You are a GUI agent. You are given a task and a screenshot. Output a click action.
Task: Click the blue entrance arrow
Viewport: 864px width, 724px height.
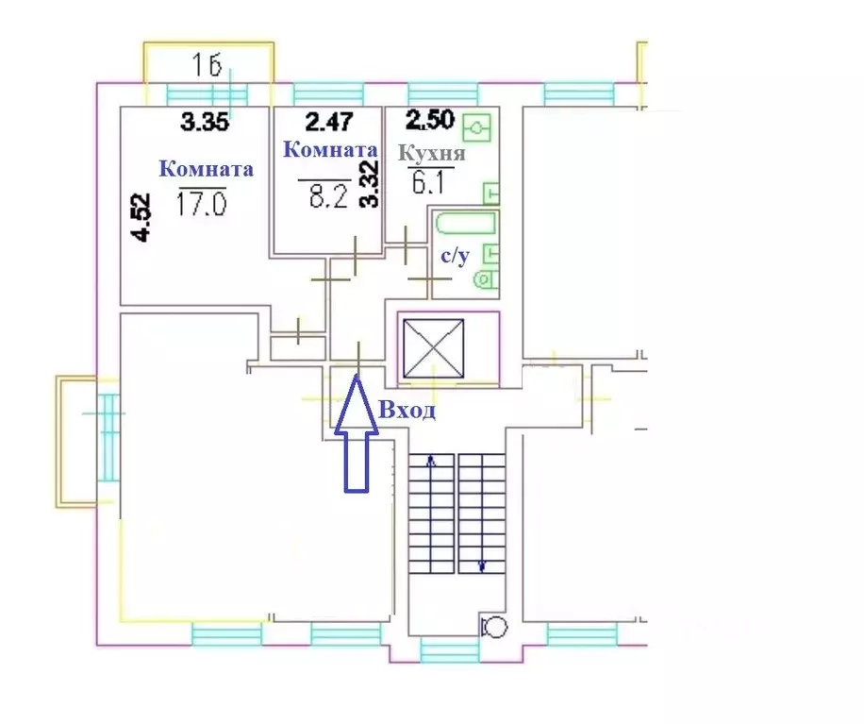pyautogui.click(x=357, y=433)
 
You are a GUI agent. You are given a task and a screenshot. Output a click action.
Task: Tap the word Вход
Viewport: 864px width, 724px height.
pyautogui.click(x=407, y=411)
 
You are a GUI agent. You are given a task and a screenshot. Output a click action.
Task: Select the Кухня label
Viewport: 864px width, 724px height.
pyautogui.click(x=432, y=153)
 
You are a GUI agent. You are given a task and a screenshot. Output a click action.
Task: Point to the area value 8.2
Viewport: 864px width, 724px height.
pyautogui.click(x=328, y=194)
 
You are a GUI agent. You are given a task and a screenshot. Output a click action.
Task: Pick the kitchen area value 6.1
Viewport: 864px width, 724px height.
pyautogui.click(x=427, y=181)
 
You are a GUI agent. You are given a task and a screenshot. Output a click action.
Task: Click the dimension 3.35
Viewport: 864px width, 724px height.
pyautogui.click(x=205, y=122)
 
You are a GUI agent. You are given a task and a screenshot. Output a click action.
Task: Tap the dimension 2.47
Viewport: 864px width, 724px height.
pyautogui.click(x=329, y=122)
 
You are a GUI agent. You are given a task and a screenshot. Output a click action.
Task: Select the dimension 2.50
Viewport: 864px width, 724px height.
pyautogui.click(x=430, y=120)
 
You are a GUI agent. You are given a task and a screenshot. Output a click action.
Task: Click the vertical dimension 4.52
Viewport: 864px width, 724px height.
pyautogui.click(x=141, y=217)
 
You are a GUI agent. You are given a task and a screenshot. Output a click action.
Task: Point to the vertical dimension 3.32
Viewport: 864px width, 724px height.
pyautogui.click(x=369, y=184)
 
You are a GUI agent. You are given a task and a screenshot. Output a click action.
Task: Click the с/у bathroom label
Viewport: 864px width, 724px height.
pyautogui.click(x=456, y=256)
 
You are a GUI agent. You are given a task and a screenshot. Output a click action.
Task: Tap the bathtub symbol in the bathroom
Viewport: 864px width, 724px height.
pyautogui.click(x=466, y=224)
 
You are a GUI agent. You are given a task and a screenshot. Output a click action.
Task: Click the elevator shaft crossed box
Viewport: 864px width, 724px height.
pyautogui.click(x=434, y=349)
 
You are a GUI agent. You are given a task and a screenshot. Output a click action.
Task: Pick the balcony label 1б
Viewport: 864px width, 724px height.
pyautogui.click(x=208, y=66)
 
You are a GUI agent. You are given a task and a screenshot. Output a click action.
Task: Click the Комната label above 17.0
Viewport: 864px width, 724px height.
pyautogui.click(x=206, y=169)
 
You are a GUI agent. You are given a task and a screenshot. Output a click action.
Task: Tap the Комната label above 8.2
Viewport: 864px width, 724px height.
pyautogui.click(x=330, y=149)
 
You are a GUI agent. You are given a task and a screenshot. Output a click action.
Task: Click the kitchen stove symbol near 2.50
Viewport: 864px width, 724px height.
pyautogui.click(x=476, y=128)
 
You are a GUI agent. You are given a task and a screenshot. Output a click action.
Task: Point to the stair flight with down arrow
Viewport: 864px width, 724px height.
pyautogui.click(x=482, y=514)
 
